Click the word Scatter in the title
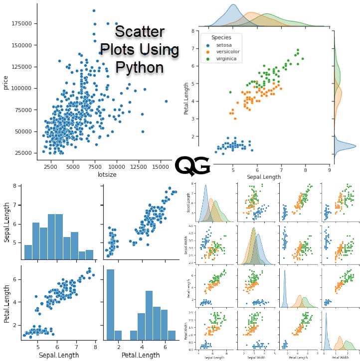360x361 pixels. [x=139, y=32]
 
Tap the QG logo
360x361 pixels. [x=192, y=165]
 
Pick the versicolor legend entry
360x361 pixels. [x=227, y=52]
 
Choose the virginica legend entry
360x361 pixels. [x=226, y=59]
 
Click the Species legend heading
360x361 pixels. [x=220, y=37]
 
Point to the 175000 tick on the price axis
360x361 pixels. [x=23, y=23]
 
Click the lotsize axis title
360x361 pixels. [x=99, y=175]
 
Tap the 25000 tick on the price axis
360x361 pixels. [x=24, y=153]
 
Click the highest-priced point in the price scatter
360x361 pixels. [x=94, y=10]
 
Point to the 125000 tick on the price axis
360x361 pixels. [x=23, y=67]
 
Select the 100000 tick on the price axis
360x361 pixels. [x=23, y=88]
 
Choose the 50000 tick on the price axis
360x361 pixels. [x=24, y=131]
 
